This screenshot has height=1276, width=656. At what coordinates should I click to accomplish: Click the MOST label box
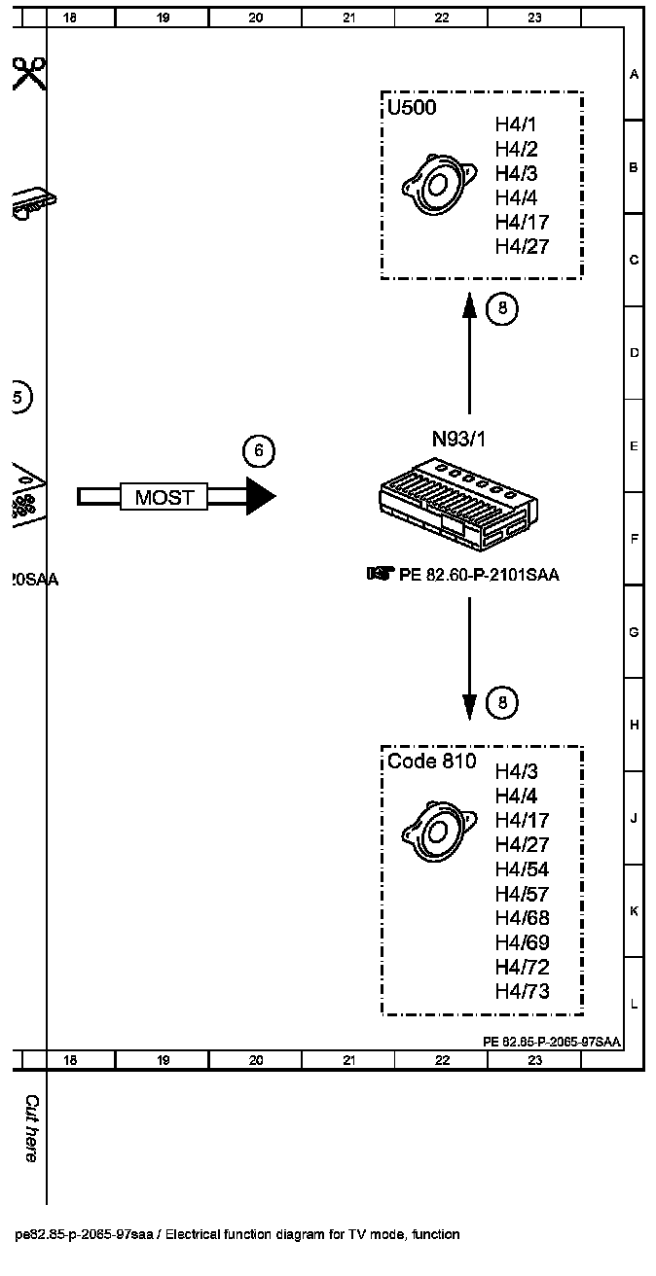point(164,497)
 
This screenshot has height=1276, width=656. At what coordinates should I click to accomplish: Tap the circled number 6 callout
point(259,450)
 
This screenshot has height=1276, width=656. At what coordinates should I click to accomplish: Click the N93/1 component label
point(459,439)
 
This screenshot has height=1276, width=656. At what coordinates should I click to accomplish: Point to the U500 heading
point(412,108)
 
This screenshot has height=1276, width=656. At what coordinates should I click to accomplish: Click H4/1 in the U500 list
point(516,124)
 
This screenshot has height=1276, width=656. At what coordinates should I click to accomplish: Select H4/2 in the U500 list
point(516,149)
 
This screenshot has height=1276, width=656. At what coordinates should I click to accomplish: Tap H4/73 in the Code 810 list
point(523,991)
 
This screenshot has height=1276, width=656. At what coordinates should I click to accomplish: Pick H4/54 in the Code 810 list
point(523,868)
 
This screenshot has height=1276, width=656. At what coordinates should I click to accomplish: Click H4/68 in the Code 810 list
point(523,918)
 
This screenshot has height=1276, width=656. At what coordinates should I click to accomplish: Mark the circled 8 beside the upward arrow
point(502,309)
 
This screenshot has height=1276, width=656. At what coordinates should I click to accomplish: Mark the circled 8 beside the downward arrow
point(502,702)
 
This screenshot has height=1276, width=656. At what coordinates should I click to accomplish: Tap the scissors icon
point(29,73)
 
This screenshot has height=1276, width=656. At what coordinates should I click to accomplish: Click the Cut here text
point(31,1128)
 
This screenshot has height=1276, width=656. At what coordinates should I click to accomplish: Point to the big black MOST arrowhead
point(260,496)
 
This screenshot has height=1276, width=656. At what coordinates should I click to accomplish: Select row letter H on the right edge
point(634,725)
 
